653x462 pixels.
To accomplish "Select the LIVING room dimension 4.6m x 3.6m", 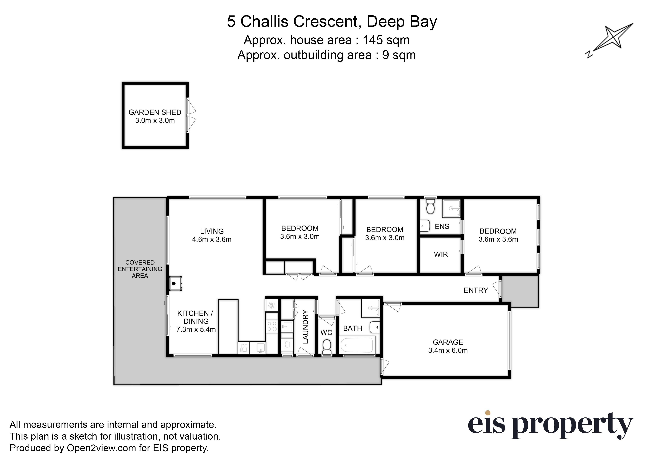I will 212,239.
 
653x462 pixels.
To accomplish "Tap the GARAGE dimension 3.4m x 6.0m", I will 448,350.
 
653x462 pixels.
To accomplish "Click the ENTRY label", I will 475,290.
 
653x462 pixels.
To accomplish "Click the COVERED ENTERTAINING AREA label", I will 140,269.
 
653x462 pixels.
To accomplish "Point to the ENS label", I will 442,227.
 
